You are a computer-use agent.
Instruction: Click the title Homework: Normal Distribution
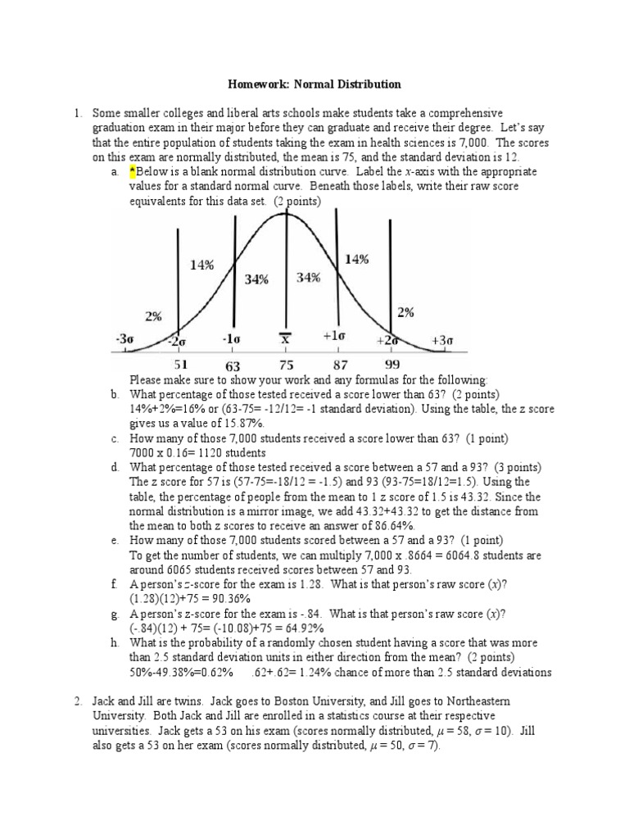tap(314, 84)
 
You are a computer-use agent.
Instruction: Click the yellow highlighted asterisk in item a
tap(132, 171)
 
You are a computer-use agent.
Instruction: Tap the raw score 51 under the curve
tap(181, 365)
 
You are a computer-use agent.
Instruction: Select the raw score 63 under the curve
tap(233, 366)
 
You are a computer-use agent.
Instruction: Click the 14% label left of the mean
tap(201, 265)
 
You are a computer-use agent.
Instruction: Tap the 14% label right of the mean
tap(356, 259)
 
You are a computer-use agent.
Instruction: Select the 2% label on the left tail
tap(154, 315)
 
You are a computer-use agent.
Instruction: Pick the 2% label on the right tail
tap(405, 311)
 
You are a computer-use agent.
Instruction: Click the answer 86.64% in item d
tap(391, 525)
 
